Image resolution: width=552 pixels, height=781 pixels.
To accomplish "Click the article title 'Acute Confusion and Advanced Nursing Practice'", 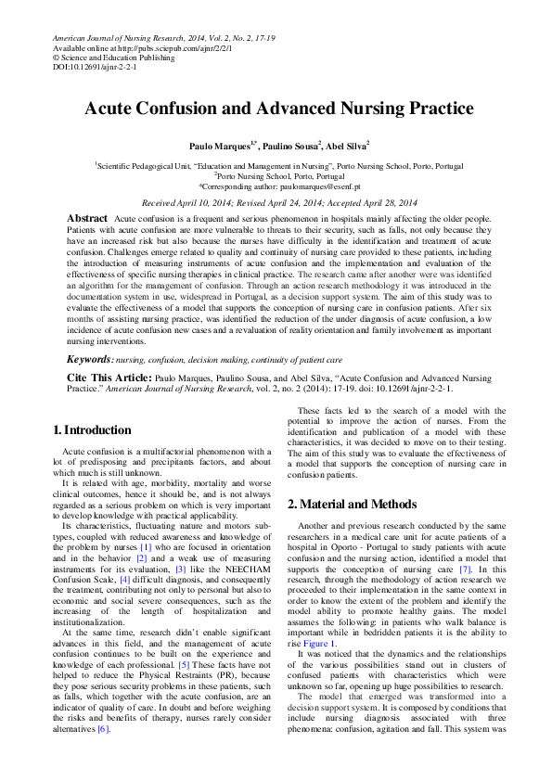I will point(278,108).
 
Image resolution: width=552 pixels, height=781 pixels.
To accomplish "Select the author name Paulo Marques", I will point(220,146).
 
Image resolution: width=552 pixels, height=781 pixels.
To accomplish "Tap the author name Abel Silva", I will point(347,146).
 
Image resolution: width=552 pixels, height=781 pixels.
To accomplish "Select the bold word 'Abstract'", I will point(88,217).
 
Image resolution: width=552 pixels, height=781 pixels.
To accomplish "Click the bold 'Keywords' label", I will point(91,359).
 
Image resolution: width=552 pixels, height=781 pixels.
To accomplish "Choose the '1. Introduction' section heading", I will point(92,429).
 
